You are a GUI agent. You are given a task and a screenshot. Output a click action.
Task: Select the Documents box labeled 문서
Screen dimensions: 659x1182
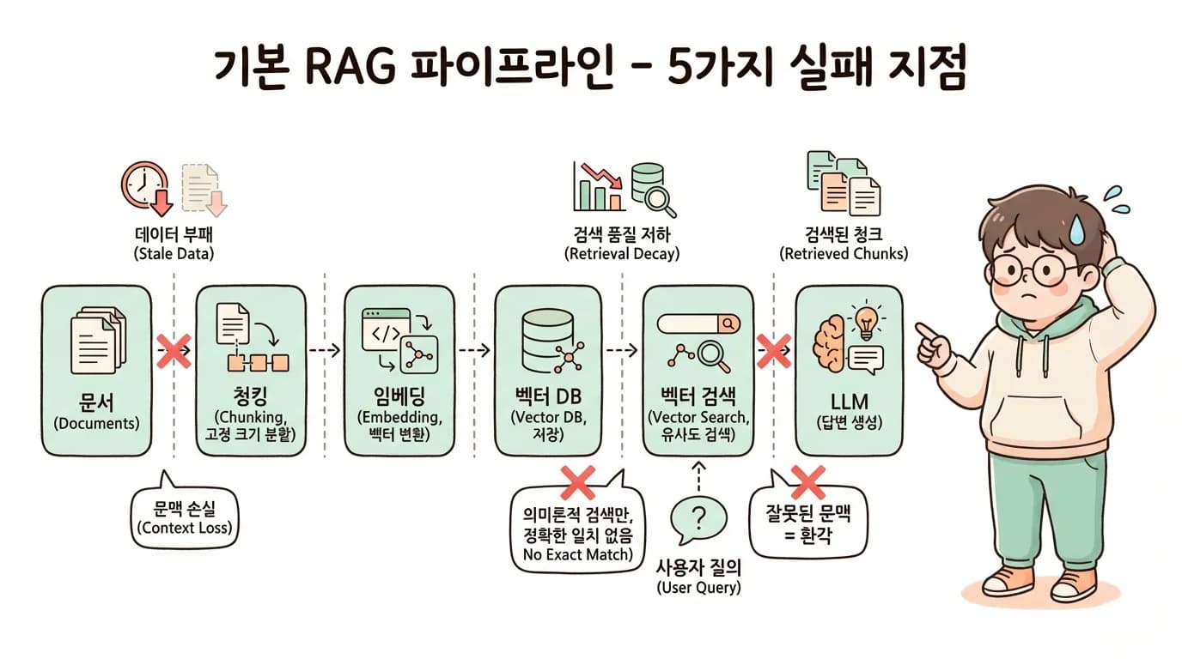pos(96,371)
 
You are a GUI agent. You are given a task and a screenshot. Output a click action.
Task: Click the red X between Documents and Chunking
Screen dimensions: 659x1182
pos(174,352)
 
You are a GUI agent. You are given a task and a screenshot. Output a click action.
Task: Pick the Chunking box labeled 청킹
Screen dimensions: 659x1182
pos(251,371)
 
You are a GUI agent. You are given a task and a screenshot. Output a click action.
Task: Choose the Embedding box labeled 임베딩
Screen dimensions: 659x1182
pos(399,371)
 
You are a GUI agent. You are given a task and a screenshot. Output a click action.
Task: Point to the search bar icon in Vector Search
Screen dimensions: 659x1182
pos(698,323)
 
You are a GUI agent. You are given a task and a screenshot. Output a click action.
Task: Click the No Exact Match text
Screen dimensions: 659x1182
pos(577,555)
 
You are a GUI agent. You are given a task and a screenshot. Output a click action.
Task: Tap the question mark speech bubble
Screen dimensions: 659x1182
pos(698,517)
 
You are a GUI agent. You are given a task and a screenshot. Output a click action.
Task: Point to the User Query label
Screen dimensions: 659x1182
pos(698,577)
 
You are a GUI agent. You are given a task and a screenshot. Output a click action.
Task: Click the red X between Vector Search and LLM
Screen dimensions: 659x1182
pos(773,351)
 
